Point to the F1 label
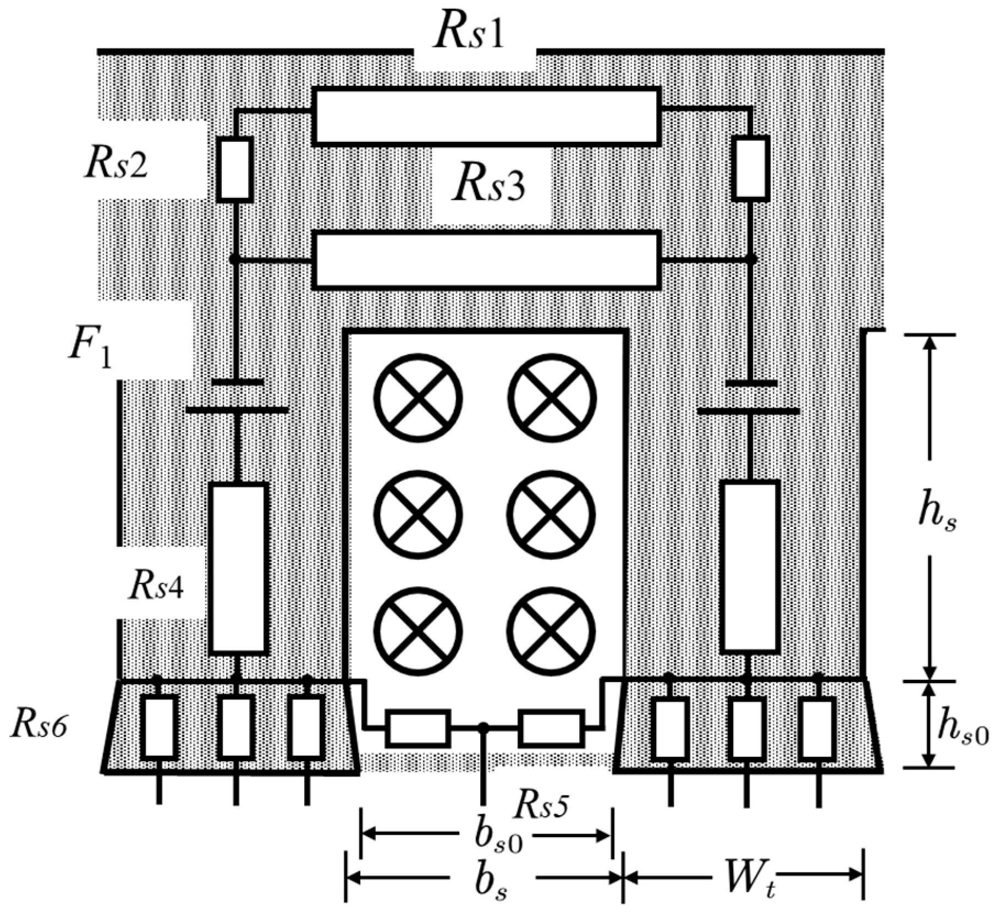pos(90,349)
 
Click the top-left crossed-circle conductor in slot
pos(418,398)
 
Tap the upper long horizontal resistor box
pos(486,116)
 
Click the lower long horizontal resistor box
pos(486,261)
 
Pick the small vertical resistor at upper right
pos(751,168)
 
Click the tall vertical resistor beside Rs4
pos(239,568)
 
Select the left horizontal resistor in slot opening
pos(418,728)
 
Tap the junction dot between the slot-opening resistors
pos(483,727)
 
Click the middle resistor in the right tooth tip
pos(747,728)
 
